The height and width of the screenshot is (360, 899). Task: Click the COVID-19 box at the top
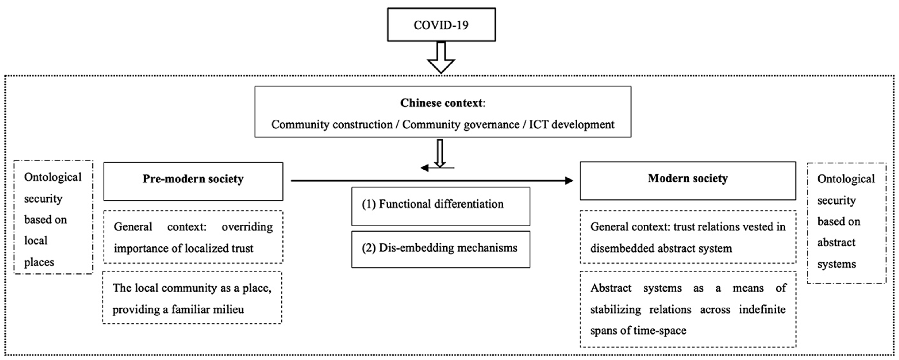tap(441, 25)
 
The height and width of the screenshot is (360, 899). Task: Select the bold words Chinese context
tap(442, 103)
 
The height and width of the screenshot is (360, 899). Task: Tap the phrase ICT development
tap(571, 125)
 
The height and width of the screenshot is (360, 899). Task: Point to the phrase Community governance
tap(461, 125)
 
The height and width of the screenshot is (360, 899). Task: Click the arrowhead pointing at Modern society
tap(569, 180)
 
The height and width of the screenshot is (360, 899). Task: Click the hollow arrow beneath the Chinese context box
tap(440, 153)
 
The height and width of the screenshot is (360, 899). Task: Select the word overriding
tap(247, 227)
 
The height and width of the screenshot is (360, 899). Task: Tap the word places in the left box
tap(39, 262)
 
